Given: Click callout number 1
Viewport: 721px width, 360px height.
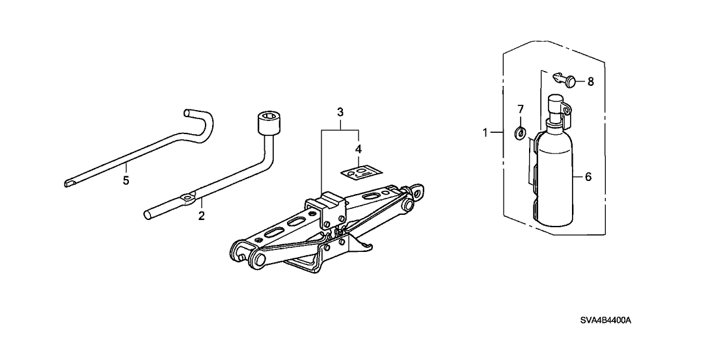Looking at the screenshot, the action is [x=485, y=132].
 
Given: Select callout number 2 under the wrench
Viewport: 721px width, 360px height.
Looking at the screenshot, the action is [x=201, y=215].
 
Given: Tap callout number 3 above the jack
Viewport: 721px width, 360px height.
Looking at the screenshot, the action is [x=340, y=112].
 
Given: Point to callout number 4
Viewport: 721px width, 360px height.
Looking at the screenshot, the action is [x=358, y=149].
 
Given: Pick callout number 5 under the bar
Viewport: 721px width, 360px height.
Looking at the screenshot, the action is [x=126, y=180].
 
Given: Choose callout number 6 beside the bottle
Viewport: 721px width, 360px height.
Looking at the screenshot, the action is [x=588, y=177].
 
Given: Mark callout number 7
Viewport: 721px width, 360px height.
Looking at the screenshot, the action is [x=521, y=109].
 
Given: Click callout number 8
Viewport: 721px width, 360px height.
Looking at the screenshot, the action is [x=590, y=82].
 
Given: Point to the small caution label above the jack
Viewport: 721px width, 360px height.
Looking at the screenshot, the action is [x=361, y=173].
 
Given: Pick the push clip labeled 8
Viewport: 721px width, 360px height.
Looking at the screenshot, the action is [x=565, y=80].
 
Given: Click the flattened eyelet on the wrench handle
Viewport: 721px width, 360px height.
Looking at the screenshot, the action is [x=188, y=198].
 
